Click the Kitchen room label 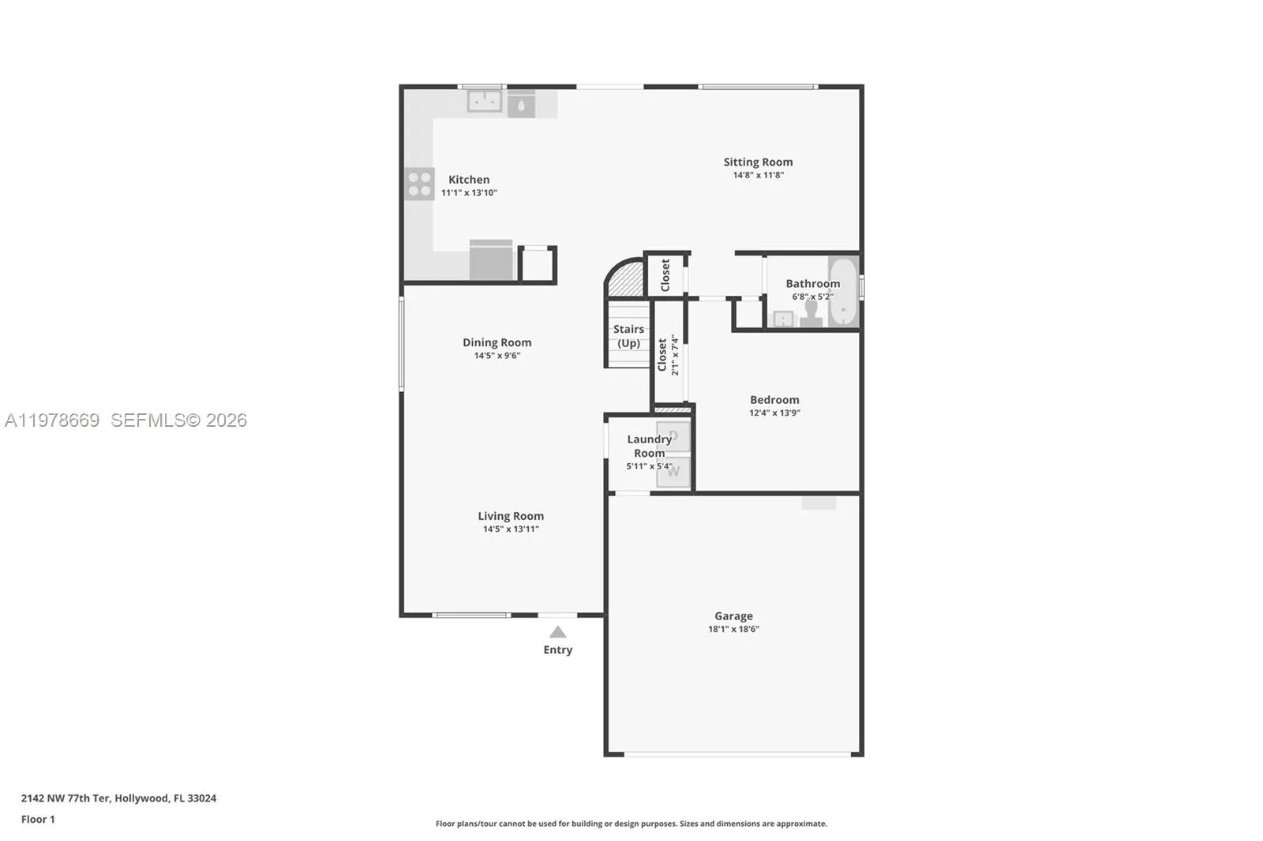tap(469, 180)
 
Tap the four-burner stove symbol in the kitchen tap(419, 184)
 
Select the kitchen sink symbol tap(484, 102)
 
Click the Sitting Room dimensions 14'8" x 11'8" tap(758, 175)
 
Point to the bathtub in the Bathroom tap(843, 291)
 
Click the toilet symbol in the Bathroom tap(811, 314)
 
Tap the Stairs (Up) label tap(628, 336)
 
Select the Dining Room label tap(497, 342)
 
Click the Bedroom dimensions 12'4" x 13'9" tap(774, 413)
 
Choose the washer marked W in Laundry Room tap(673, 472)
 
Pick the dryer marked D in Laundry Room tap(673, 436)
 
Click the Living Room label tap(510, 516)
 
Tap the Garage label tap(733, 616)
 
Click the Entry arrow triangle tap(558, 632)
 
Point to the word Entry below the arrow tap(557, 650)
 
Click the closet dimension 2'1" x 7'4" tap(675, 355)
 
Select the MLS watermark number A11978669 tap(52, 420)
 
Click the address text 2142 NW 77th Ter tap(66, 798)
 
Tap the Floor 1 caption tap(38, 820)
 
